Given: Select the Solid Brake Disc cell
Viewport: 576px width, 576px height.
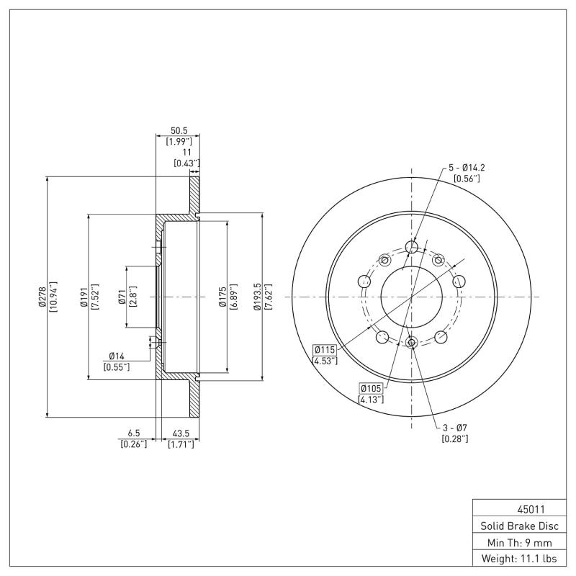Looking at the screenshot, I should [514, 526].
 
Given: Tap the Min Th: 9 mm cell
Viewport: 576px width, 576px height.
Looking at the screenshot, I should [514, 541].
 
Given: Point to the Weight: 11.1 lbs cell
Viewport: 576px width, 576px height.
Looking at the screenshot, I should [514, 558].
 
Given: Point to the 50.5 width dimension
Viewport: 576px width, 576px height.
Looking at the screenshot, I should [177, 130].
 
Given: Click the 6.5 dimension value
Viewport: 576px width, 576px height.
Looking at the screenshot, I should [133, 433].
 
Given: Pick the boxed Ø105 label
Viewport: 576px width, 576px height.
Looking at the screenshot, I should [371, 389].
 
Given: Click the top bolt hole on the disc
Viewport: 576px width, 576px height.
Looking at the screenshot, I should [412, 248].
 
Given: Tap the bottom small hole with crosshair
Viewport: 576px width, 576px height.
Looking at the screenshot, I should [411, 343].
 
